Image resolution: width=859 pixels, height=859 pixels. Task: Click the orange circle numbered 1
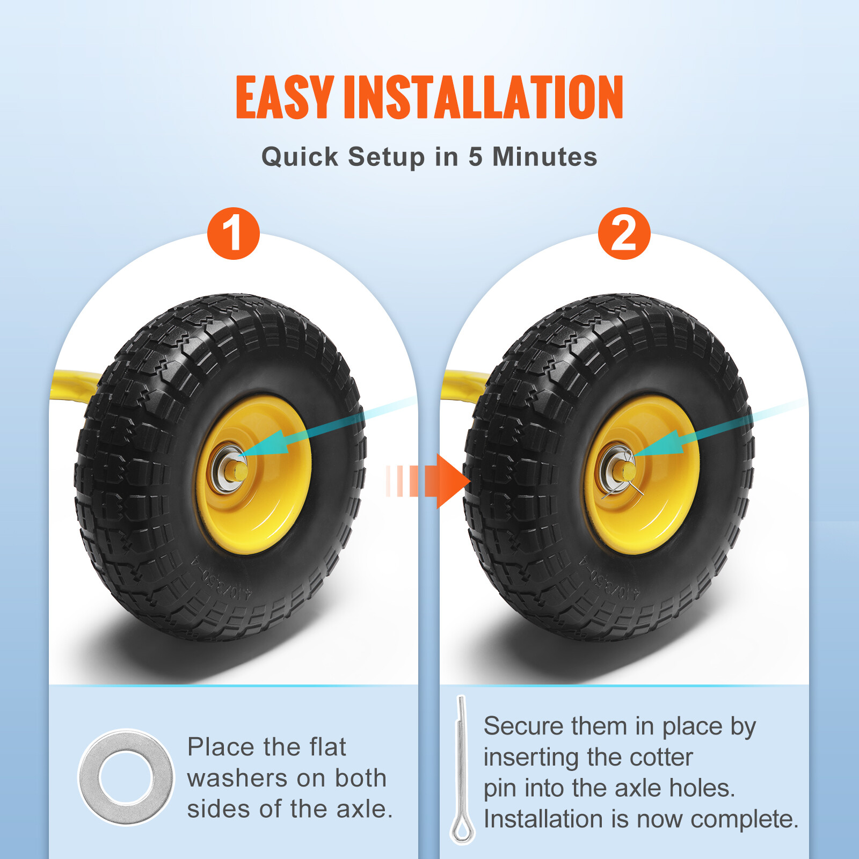coord(234,234)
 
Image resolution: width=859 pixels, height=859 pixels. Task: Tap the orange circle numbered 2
coord(624,234)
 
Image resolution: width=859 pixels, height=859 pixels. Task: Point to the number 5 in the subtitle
coord(475,157)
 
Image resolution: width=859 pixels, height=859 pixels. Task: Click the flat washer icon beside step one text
coord(126,777)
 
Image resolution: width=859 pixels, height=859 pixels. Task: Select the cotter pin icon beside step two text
coord(461,770)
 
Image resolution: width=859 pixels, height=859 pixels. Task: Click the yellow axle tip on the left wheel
coord(239,471)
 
